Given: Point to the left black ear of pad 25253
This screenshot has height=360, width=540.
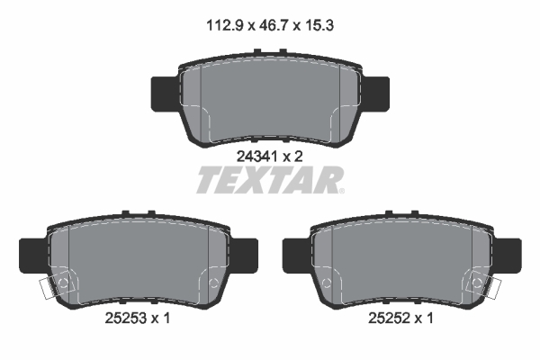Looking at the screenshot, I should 31,254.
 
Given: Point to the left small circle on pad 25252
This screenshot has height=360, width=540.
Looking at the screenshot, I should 327,285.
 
